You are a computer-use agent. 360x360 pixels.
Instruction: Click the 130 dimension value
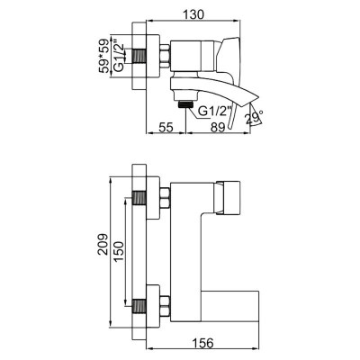click(x=194, y=14)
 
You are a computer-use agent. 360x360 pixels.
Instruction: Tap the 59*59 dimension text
click(x=104, y=56)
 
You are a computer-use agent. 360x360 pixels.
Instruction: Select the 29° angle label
click(x=255, y=117)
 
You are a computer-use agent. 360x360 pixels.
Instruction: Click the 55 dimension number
click(x=166, y=128)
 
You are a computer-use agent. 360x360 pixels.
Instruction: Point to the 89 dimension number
click(x=218, y=128)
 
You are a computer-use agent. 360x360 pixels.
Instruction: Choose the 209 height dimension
click(x=103, y=244)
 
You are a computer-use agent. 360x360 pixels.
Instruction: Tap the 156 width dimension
click(x=203, y=343)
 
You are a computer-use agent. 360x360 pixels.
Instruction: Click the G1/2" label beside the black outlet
click(x=214, y=112)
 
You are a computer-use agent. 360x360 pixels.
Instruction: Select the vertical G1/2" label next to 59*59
click(x=120, y=57)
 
